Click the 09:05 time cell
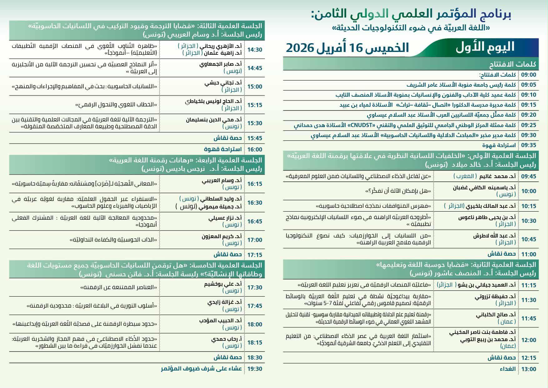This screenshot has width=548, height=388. tap(528, 85)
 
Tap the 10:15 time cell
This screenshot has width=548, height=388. tap(528, 206)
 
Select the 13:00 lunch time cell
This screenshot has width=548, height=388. tap(528, 369)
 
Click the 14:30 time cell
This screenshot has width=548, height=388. tap(255, 49)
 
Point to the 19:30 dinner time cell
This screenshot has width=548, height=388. tap(255, 369)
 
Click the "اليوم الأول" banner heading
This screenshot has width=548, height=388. tap(485, 47)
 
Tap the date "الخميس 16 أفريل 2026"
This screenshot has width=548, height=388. tap(347, 48)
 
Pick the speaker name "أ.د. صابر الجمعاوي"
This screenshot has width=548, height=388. tap(221, 65)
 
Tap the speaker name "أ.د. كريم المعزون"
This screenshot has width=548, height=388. tap(222, 237)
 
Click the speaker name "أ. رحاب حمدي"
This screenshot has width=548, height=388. tap(227, 339)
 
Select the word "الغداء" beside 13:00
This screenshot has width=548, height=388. tap(508, 369)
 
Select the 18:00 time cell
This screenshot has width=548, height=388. tap(255, 324)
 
